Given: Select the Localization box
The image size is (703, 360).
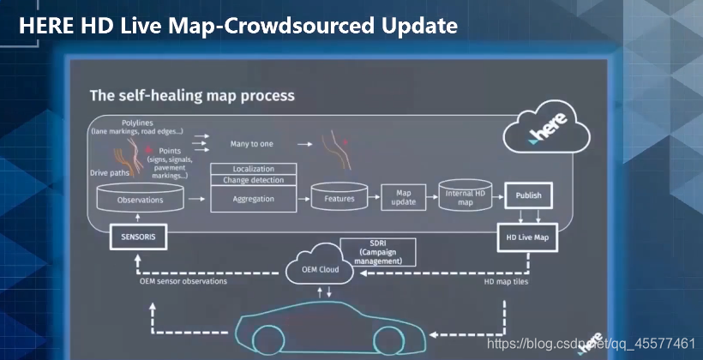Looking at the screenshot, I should click(254, 169).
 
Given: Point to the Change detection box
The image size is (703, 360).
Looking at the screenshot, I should click(254, 180).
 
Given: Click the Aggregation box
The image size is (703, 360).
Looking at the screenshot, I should click(254, 199).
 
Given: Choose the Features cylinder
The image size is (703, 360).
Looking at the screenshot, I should click(339, 199).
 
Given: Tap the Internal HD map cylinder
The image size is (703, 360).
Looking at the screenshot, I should click(466, 197).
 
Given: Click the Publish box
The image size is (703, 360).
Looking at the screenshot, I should click(528, 195).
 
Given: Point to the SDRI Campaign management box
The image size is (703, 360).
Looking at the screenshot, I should click(378, 251).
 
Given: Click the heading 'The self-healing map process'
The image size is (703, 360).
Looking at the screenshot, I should click(193, 96).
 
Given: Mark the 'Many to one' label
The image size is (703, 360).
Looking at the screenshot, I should click(252, 144).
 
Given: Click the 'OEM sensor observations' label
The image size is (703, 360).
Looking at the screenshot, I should click(184, 281).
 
